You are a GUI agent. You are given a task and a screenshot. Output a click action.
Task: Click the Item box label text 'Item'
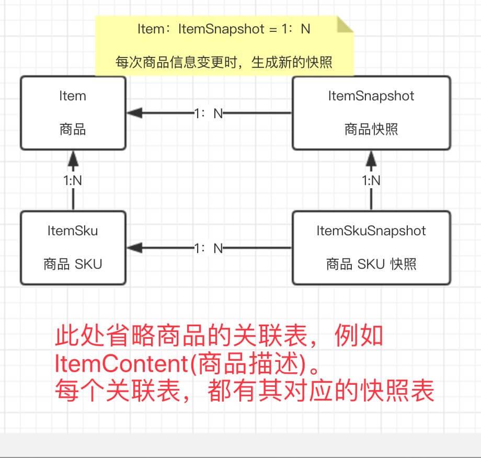[x=73, y=96]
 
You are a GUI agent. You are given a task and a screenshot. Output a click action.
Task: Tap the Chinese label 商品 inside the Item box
[x=73, y=129]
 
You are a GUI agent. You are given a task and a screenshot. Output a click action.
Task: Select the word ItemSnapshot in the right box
[x=371, y=96]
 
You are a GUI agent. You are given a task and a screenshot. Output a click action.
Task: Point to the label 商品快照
[x=371, y=129]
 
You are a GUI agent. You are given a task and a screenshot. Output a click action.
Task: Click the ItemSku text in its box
[x=73, y=231]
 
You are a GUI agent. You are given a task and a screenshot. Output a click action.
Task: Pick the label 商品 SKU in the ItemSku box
[x=73, y=264]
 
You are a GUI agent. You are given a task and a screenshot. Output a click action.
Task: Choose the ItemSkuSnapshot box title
[x=371, y=231]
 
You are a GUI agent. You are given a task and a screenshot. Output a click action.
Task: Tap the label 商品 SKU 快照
[x=371, y=264]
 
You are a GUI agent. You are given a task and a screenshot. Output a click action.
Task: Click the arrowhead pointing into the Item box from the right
[x=135, y=113]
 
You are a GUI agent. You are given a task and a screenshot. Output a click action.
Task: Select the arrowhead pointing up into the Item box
[x=73, y=158]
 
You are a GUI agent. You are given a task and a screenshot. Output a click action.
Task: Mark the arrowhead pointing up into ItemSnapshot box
[x=371, y=158]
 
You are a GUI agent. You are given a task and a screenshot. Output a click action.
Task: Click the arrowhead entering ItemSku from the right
[x=135, y=247]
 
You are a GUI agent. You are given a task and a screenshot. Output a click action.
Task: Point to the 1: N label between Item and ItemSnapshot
[x=209, y=113]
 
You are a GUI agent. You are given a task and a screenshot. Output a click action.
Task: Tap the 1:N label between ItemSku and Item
[x=73, y=180]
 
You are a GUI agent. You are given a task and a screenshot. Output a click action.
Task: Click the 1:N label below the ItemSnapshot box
[x=371, y=180]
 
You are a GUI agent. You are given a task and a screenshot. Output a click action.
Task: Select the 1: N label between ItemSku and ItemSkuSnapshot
[x=209, y=248]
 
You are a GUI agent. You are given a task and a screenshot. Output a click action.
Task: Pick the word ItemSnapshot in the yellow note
[x=221, y=29]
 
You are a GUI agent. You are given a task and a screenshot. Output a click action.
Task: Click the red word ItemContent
[x=121, y=363]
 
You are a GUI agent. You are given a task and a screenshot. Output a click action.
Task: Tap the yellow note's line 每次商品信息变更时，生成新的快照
[x=224, y=62]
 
